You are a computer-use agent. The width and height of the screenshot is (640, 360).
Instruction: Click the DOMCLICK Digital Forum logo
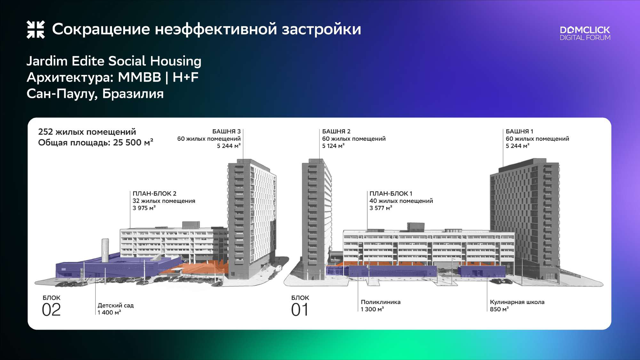click(585, 33)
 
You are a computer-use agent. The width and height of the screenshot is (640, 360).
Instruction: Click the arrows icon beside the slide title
click(36, 29)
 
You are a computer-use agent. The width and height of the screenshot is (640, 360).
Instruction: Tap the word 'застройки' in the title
click(321, 29)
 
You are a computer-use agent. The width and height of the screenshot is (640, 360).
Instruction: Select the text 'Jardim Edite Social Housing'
click(114, 61)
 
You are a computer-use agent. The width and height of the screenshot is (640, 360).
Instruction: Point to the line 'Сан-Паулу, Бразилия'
click(95, 94)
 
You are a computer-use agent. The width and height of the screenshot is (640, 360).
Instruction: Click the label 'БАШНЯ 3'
click(226, 131)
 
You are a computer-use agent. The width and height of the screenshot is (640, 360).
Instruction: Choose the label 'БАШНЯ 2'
click(336, 131)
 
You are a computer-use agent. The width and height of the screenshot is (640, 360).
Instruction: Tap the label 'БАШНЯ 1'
click(519, 131)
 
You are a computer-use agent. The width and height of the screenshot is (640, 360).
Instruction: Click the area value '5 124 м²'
click(333, 146)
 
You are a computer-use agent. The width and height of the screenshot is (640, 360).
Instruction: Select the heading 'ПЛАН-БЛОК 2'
click(155, 194)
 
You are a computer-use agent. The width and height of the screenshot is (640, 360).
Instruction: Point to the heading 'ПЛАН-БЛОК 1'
click(391, 194)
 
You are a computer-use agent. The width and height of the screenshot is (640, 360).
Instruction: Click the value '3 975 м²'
click(144, 208)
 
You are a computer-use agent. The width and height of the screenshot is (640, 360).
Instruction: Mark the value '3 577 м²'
click(381, 208)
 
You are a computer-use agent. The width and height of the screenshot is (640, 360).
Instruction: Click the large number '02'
click(51, 310)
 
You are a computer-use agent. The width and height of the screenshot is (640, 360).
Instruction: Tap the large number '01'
click(300, 310)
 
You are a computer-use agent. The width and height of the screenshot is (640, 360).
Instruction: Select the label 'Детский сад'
click(116, 306)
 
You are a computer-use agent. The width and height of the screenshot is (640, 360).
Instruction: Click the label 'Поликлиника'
click(380, 302)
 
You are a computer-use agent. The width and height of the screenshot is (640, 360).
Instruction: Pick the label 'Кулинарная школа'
click(517, 302)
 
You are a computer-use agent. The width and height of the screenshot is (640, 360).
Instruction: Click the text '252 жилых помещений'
click(87, 132)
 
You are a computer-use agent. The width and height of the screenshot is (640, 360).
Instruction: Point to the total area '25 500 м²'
click(133, 142)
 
